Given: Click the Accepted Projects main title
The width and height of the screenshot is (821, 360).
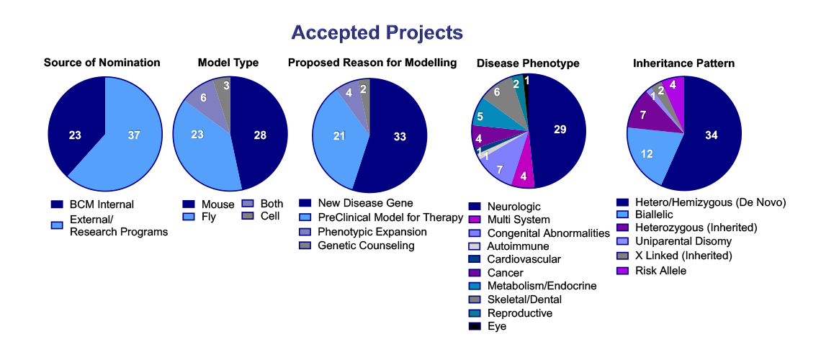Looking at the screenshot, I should click(x=377, y=33).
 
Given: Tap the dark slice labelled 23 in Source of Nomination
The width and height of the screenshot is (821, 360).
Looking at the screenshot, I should click(x=75, y=135).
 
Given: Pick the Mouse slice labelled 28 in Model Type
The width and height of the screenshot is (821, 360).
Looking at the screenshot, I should click(x=260, y=135).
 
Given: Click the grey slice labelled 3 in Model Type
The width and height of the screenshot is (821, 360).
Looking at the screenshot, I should click(x=224, y=88).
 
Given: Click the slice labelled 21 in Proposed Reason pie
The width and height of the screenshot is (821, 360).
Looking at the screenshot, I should click(x=340, y=136).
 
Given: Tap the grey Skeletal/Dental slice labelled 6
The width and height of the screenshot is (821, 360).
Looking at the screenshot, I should click(x=497, y=94).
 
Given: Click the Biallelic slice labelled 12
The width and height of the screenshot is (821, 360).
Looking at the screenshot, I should click(x=648, y=153).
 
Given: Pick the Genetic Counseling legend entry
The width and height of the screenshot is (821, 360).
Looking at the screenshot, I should click(x=366, y=246).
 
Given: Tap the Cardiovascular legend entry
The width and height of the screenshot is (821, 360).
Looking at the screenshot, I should click(x=523, y=259).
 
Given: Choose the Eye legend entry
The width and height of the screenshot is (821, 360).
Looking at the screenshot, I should click(x=497, y=326).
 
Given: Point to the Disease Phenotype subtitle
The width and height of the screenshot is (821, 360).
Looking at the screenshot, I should click(x=528, y=63).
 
